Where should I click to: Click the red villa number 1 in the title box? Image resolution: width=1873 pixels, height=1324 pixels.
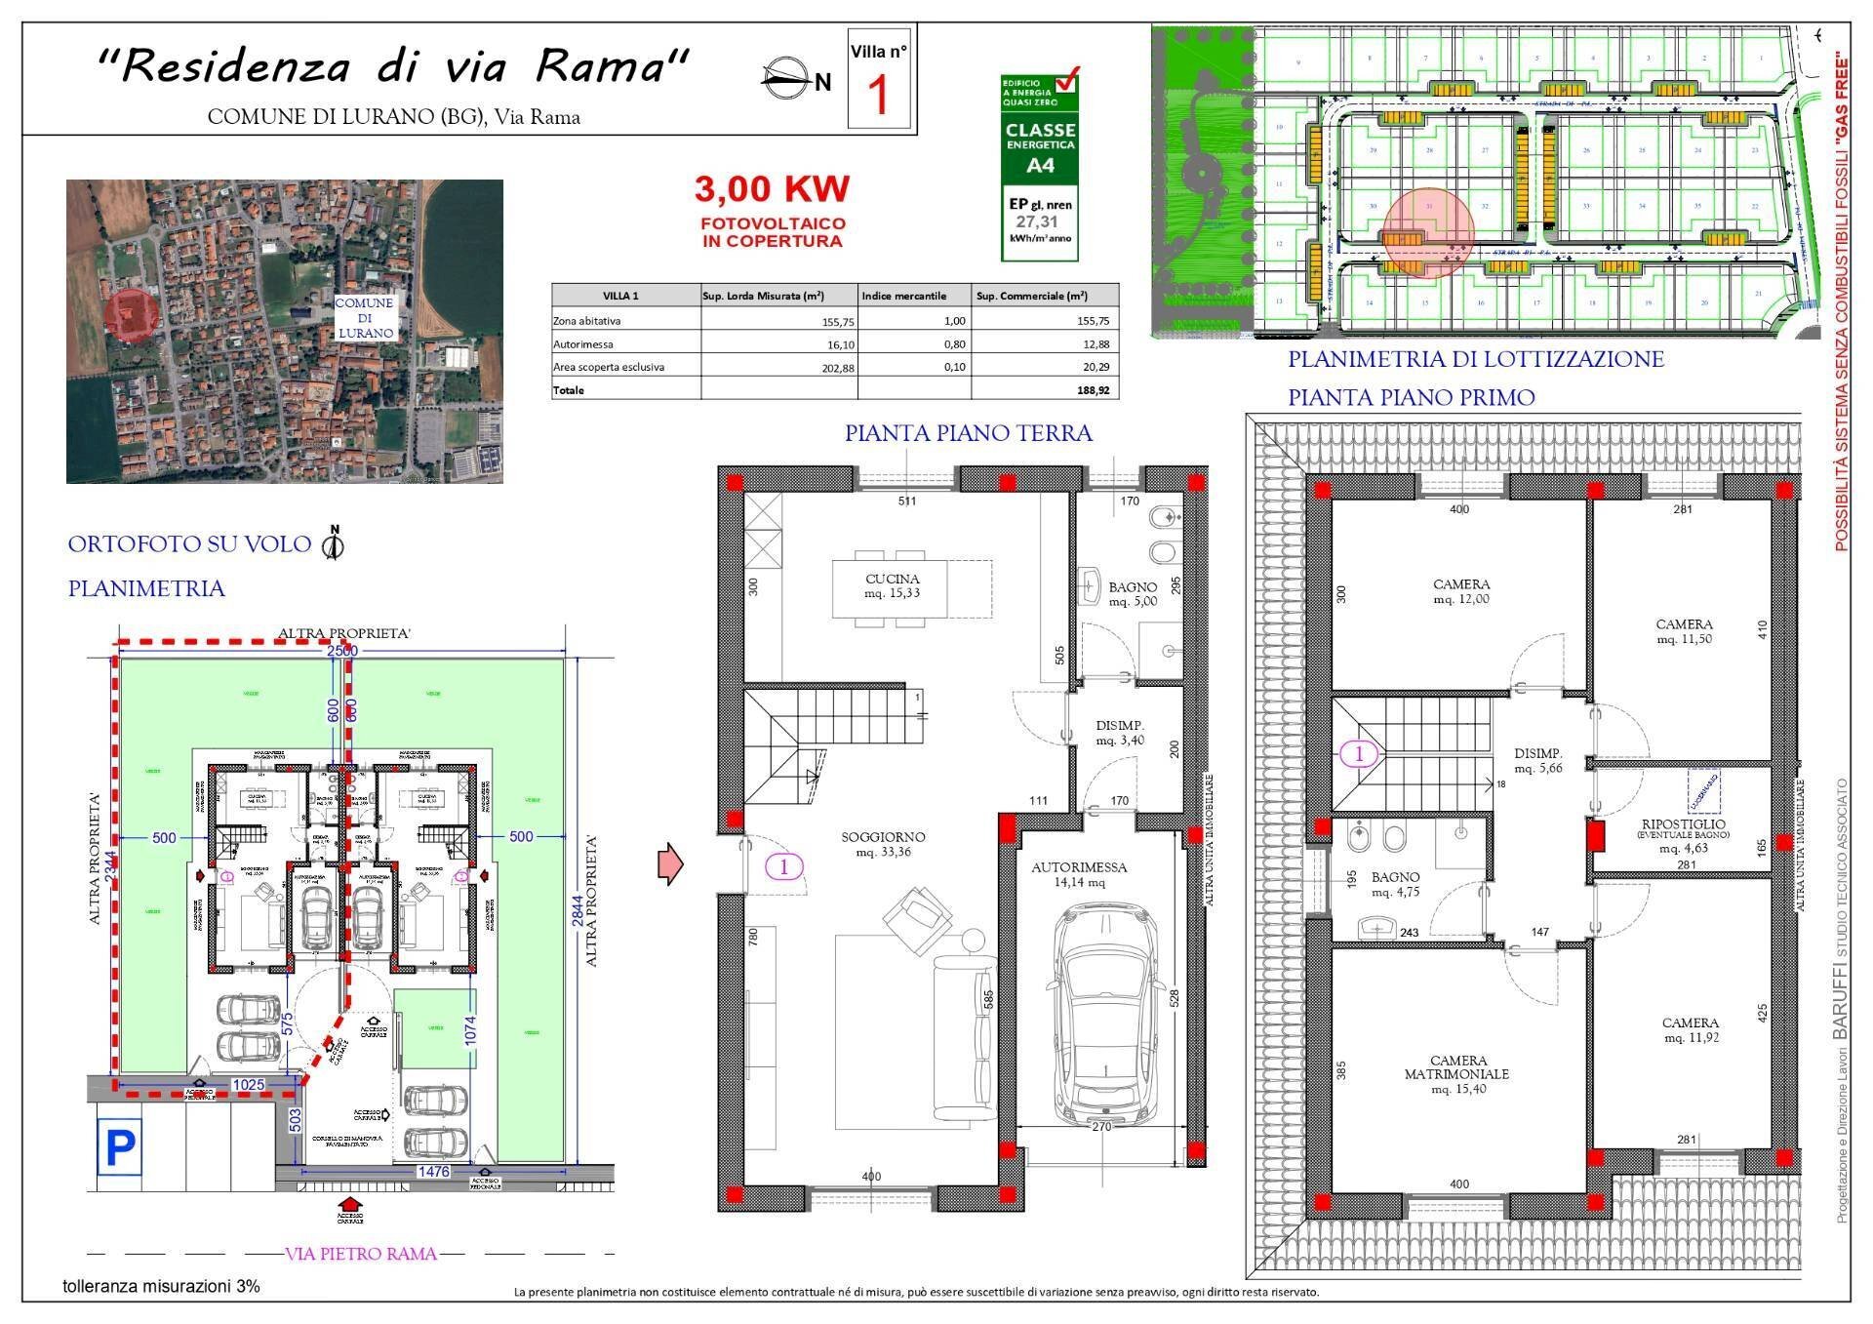880,96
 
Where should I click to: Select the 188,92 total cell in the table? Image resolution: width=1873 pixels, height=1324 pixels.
1092,390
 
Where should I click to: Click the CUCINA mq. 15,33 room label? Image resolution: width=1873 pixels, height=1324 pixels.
892,586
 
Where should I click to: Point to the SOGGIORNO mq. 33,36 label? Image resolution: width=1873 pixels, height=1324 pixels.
884,845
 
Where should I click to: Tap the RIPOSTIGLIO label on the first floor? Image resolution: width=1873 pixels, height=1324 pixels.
1683,830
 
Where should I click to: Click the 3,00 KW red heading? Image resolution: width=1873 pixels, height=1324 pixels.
772,188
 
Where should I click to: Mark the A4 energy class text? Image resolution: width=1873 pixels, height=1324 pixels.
1041,165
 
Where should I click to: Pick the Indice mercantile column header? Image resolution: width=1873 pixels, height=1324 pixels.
903,296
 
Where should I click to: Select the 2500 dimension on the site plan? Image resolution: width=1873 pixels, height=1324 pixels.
342,651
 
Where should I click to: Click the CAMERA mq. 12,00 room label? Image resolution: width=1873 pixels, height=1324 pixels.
1460,591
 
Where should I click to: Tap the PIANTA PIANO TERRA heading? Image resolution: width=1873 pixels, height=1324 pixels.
968,433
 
